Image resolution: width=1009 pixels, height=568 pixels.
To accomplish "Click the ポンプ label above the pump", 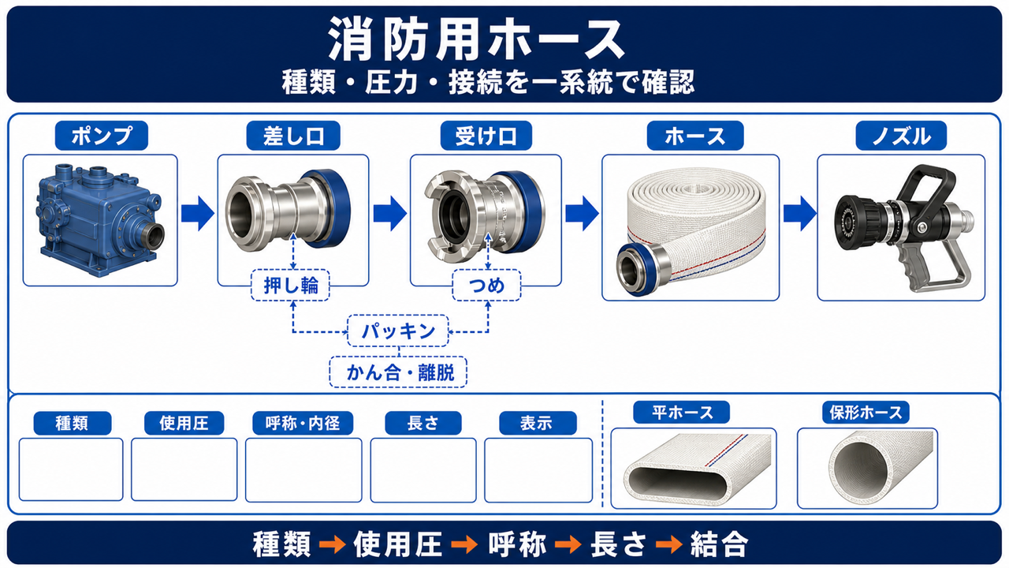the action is pos(102,136).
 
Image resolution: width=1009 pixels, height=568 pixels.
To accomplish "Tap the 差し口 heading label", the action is pos(293,136).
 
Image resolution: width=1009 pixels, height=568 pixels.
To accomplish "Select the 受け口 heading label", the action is pos(486,136).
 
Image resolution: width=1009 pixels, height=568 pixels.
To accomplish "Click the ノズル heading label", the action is pos(901,136).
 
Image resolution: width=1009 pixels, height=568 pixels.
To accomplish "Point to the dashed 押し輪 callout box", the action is pos(290,286).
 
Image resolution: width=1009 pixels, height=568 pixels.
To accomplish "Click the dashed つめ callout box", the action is pos(486,286).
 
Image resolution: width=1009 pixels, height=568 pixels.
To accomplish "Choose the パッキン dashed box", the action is pos(398,331).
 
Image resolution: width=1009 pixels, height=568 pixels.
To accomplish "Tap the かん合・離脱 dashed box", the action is pos(398,372).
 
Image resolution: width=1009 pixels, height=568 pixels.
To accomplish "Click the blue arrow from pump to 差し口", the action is pos(198,213).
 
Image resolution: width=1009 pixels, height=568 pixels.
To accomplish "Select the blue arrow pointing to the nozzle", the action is pos(799,213).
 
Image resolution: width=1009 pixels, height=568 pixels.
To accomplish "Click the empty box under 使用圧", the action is pos(184,469).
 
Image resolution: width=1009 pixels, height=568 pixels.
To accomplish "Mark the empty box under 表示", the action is pos(538,470).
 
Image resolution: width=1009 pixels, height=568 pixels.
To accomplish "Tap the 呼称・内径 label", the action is pos(303,424).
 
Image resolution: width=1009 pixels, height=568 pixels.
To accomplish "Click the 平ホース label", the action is pos(682,413).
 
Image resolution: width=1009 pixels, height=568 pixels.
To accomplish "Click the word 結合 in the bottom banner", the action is pos(720,544).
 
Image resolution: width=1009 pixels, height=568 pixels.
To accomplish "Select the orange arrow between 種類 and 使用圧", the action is pos(332,544).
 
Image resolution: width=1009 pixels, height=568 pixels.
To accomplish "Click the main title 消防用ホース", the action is pos(476,39).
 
